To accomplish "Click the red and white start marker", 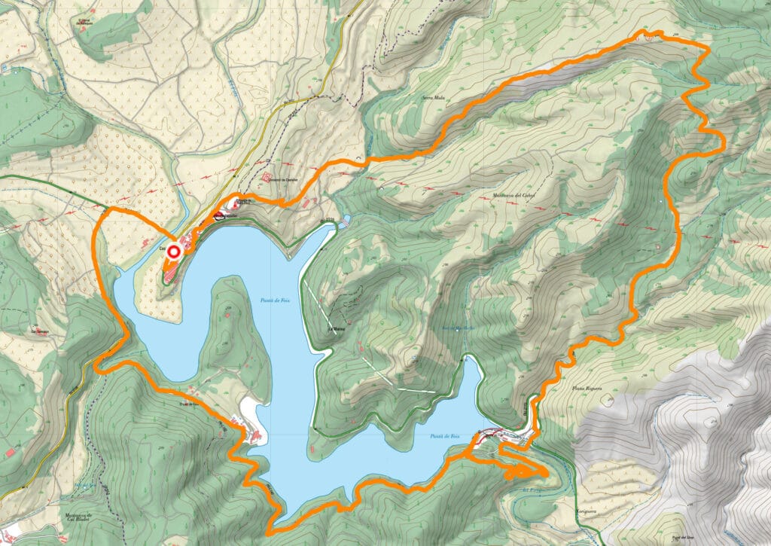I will click(174, 252).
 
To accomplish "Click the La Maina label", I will click(336, 329).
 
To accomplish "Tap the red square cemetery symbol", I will click(267, 178).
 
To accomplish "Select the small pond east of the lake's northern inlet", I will click(345, 221).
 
